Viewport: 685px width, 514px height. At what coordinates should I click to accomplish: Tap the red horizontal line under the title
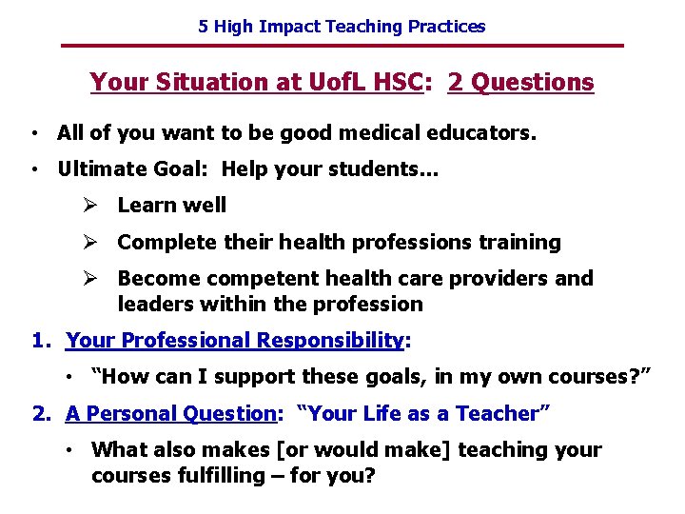coord(342,46)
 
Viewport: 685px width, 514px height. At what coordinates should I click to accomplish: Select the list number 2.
coord(40,414)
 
